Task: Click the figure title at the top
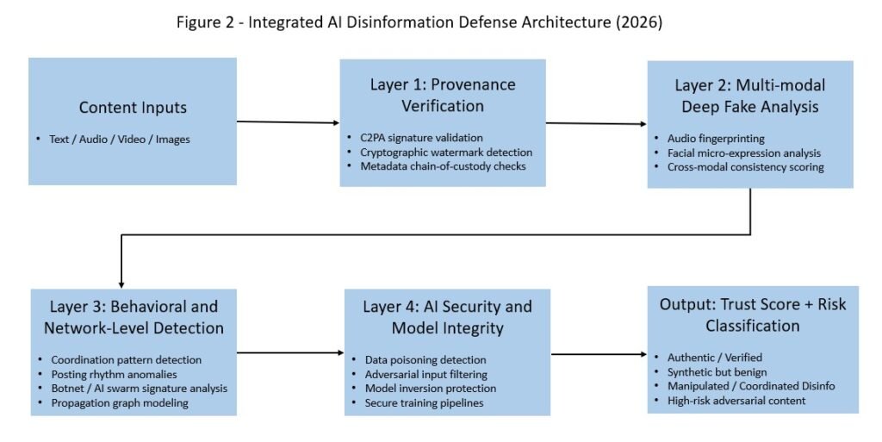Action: point(419,23)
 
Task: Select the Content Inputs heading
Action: point(133,108)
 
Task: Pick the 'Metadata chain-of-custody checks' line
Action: point(442,165)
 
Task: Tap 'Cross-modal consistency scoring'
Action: point(746,167)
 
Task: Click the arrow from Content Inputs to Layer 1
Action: point(288,122)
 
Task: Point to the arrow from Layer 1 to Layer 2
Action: point(596,124)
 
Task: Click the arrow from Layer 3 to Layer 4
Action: point(289,352)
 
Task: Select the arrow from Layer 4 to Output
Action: point(599,354)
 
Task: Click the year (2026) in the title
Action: point(638,23)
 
